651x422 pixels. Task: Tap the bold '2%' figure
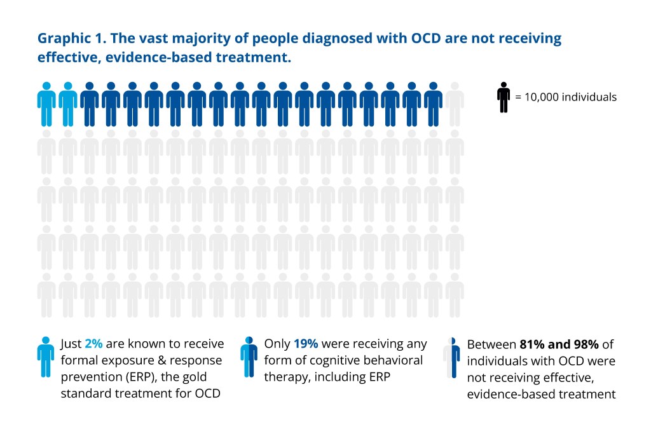pyautogui.click(x=93, y=344)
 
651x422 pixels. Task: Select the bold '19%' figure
pyautogui.click(x=306, y=344)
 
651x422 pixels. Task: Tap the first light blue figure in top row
pyautogui.click(x=46, y=104)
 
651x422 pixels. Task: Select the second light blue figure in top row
pyautogui.click(x=68, y=104)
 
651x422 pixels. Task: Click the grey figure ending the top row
pyautogui.click(x=455, y=104)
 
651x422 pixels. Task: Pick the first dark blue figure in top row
pyautogui.click(x=90, y=104)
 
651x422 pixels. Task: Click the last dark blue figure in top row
pyautogui.click(x=433, y=104)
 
